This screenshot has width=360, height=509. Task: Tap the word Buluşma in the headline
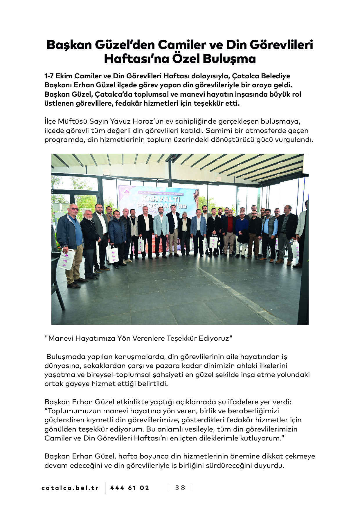[229, 59]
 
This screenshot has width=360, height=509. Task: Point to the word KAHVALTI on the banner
[160, 199]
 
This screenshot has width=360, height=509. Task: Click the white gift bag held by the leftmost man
[66, 259]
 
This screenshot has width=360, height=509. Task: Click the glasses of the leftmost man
[74, 209]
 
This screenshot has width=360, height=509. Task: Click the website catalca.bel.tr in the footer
[70, 488]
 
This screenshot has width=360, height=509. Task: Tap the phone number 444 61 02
[129, 488]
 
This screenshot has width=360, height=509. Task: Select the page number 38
[180, 488]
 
